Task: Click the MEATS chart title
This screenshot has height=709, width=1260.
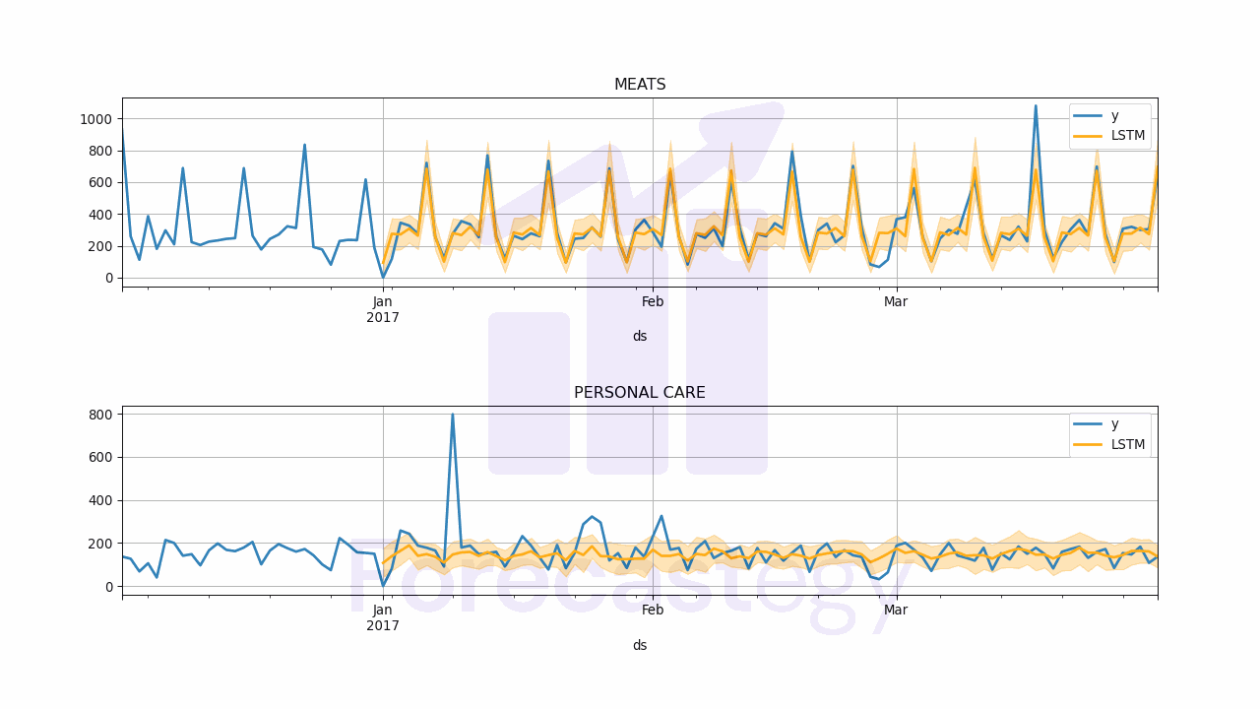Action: [640, 85]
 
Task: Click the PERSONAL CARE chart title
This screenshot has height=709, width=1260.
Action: [640, 393]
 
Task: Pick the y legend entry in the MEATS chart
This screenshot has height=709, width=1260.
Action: [1114, 116]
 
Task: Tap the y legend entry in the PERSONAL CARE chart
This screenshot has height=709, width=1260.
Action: [1114, 424]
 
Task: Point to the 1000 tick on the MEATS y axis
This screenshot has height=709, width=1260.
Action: [97, 119]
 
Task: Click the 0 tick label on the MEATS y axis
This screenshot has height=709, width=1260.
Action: [110, 278]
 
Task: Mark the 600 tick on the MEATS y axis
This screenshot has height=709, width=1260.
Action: [101, 182]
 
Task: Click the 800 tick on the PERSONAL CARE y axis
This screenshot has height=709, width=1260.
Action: [101, 415]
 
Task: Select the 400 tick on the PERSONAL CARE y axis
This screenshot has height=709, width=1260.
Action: [101, 500]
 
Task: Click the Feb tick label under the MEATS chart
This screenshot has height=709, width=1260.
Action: [653, 302]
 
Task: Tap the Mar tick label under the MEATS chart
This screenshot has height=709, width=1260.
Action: [896, 302]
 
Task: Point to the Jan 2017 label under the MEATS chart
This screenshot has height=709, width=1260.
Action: [383, 309]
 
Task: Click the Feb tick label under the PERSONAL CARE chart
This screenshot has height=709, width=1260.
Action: [653, 611]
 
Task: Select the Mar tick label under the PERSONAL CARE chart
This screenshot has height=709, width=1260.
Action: [896, 611]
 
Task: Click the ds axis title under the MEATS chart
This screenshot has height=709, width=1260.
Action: [640, 337]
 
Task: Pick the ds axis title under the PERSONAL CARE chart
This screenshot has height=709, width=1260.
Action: [640, 645]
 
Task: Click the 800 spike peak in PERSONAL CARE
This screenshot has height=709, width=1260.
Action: [452, 414]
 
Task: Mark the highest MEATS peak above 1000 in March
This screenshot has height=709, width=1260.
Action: [1035, 106]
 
